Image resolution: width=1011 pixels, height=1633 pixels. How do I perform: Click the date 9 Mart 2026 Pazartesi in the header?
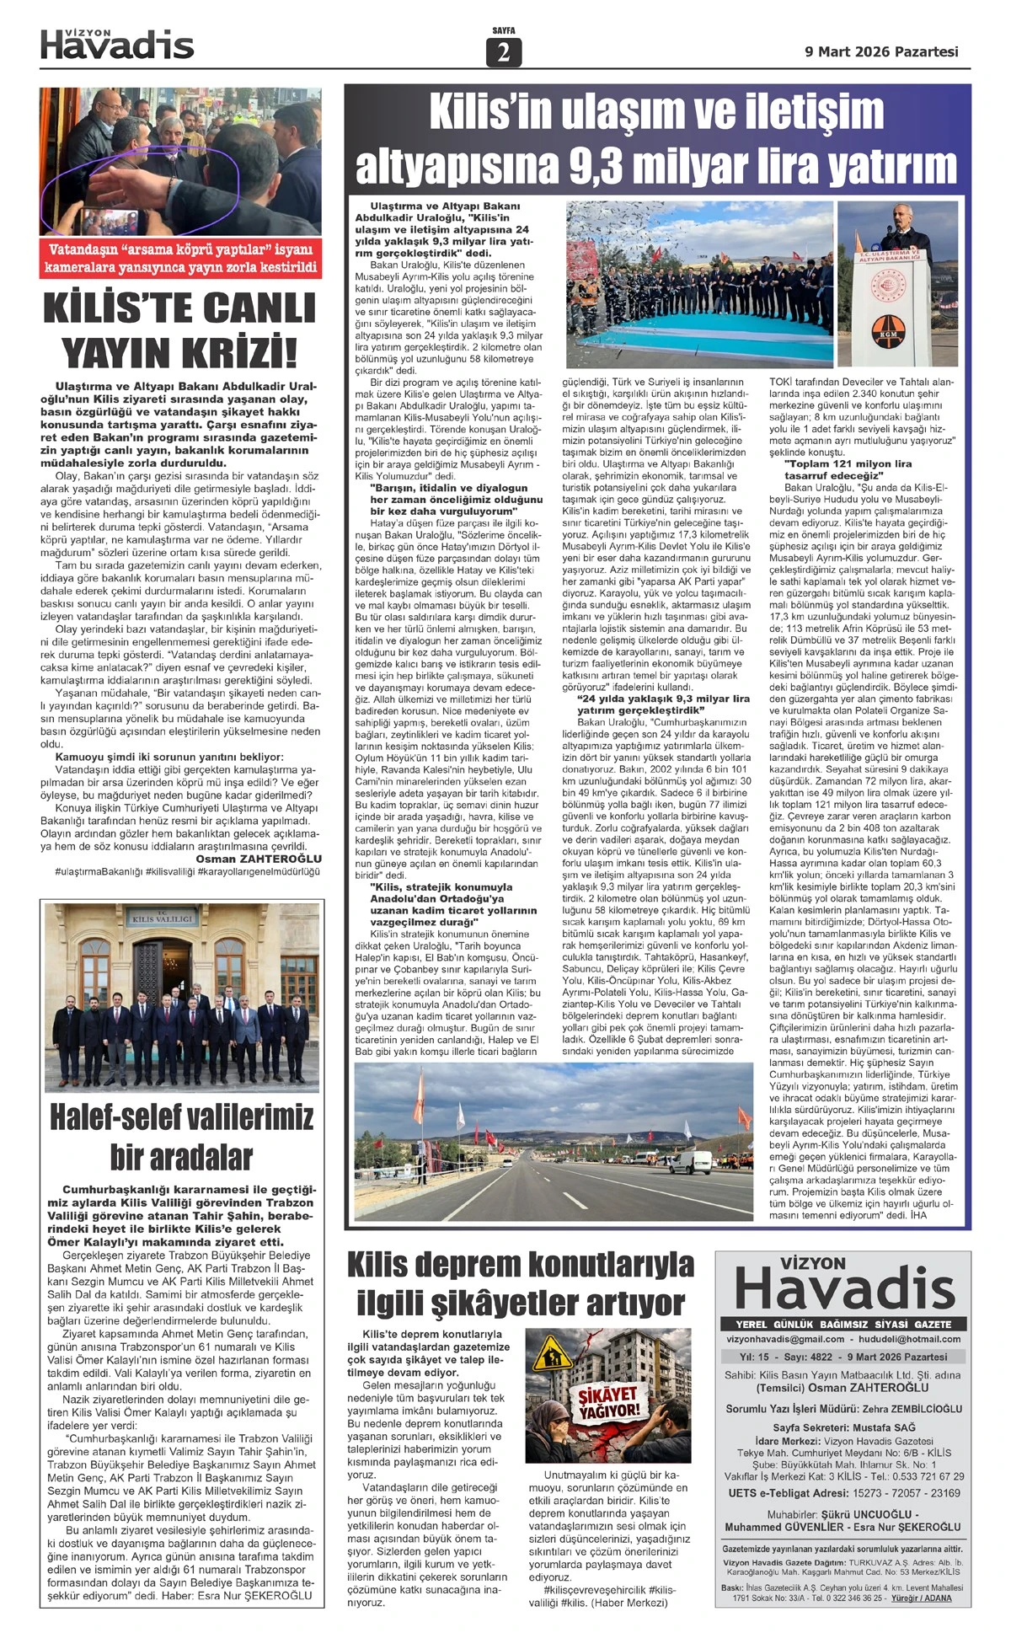(881, 51)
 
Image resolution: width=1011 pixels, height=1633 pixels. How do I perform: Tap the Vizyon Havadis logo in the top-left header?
(117, 45)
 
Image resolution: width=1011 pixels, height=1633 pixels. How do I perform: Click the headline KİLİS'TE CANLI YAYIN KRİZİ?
(179, 330)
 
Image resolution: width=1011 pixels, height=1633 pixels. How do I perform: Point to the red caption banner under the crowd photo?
(180, 259)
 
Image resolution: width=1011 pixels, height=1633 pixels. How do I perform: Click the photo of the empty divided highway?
(554, 1141)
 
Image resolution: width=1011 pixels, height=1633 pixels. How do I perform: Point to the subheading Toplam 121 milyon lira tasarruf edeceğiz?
(848, 469)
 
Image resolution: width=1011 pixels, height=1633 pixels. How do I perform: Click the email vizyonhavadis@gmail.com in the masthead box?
(785, 1339)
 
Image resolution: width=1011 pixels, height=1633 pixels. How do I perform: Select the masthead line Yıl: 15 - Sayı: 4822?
(786, 1357)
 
